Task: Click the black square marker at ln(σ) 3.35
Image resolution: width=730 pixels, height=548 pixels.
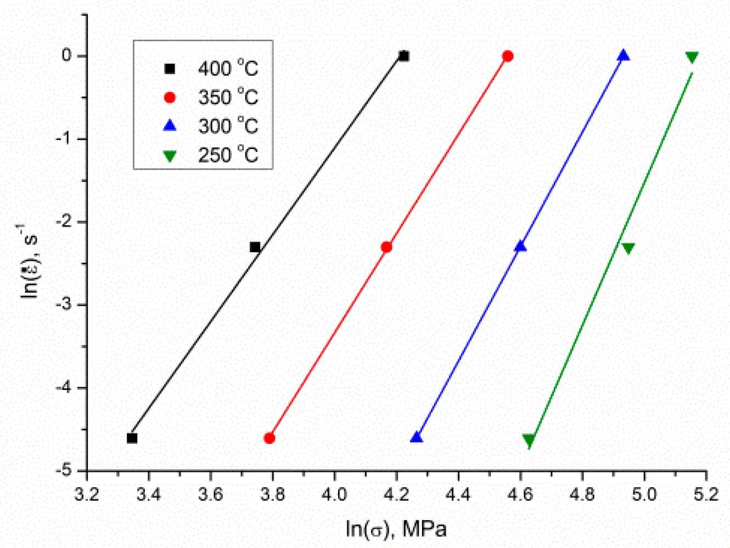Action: point(132,438)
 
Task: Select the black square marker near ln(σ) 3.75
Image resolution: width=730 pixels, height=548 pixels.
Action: point(255,247)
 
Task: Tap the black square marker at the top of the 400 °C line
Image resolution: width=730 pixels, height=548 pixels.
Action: point(404,56)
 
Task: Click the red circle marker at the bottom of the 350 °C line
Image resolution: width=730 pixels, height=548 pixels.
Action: point(269,438)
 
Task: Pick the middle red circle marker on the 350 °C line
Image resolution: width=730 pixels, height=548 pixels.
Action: point(386,247)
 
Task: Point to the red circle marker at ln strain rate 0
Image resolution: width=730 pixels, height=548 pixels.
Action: point(508,56)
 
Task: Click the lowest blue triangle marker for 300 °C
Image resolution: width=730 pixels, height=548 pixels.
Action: point(417,437)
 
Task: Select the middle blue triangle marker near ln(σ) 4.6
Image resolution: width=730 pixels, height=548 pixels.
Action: point(520,246)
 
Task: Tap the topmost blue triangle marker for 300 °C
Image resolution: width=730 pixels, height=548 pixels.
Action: point(624,55)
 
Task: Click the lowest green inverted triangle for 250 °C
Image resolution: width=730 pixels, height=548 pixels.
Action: point(529,440)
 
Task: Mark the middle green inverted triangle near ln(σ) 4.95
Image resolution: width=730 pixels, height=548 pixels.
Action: point(628,248)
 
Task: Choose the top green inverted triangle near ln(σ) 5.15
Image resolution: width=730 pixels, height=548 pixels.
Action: point(692,57)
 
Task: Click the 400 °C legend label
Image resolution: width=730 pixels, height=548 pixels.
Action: point(228,68)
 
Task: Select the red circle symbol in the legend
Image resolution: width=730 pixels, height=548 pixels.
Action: point(170,97)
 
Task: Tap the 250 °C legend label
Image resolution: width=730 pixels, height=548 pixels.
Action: point(228,155)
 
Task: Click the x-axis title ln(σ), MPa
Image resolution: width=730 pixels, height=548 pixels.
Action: point(396,529)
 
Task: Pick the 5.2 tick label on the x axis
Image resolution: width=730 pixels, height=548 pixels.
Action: point(706,495)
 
